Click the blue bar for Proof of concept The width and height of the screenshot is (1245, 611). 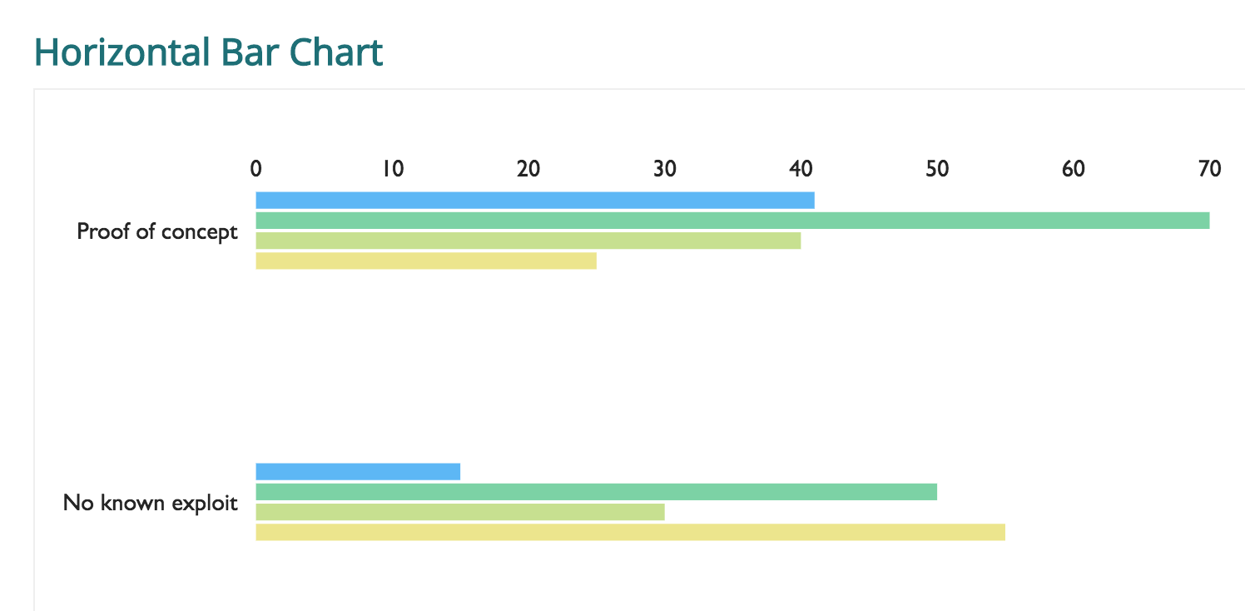coord(534,201)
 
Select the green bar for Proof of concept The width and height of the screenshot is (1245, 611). coord(732,221)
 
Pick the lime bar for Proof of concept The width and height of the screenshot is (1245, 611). coord(528,241)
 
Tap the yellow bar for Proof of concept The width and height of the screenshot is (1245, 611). coord(426,261)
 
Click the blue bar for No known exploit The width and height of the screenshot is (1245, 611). coord(358,472)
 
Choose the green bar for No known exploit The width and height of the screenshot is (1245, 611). coord(596,492)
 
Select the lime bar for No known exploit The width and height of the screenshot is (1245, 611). coord(459,512)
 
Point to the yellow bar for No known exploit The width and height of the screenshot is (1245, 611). coord(630,532)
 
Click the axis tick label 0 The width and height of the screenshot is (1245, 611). coord(256,169)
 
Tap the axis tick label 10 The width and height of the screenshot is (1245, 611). coord(393,169)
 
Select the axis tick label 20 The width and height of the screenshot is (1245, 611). coord(528,169)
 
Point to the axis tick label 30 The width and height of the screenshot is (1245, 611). coord(665,169)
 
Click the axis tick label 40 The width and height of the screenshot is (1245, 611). coord(801,169)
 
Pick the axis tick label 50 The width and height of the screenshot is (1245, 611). coord(937,169)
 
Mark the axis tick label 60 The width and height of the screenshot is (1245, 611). coord(1074,169)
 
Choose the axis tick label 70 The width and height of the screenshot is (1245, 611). coord(1209,169)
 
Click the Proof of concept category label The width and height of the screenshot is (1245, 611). coord(157,231)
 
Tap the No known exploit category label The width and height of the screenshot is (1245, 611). coord(151,503)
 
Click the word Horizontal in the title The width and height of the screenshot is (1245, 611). coord(122,52)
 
